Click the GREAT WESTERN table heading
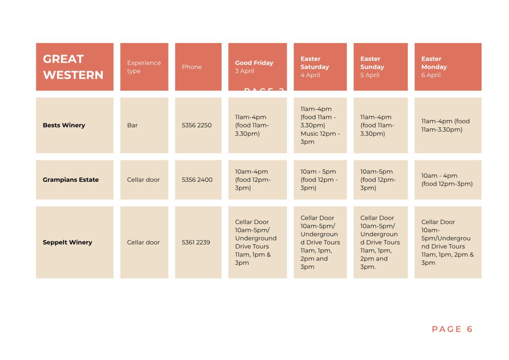(x=73, y=67)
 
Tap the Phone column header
(x=192, y=67)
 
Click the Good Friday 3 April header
(x=254, y=67)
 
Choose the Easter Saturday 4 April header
(x=314, y=67)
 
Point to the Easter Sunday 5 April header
(x=375, y=67)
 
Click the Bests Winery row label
(x=64, y=125)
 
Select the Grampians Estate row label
(x=70, y=180)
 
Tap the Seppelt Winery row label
(x=67, y=242)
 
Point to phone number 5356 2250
(x=197, y=125)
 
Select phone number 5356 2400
(x=197, y=180)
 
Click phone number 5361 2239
(x=196, y=242)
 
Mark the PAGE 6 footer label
(x=452, y=329)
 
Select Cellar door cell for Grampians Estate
(x=143, y=180)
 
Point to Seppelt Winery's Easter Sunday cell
(x=377, y=242)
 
